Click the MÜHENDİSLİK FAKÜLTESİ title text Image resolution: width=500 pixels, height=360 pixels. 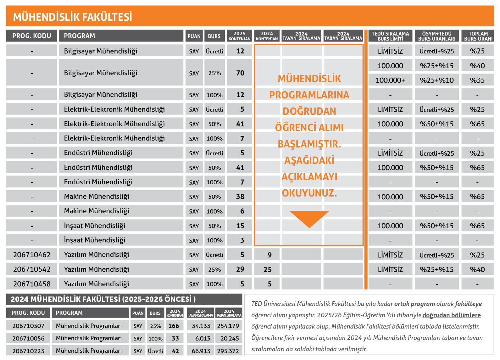point(72,17)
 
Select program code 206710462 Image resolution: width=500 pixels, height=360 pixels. point(32,255)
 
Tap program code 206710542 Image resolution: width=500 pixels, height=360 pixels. point(32,269)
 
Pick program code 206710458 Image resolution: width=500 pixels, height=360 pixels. point(32,284)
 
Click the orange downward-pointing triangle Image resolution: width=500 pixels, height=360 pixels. point(309,218)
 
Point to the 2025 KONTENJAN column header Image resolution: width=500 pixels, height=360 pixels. point(239,36)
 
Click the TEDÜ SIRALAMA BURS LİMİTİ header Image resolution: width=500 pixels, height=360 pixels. point(390,36)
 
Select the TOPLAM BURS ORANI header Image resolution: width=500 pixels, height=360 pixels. point(478,36)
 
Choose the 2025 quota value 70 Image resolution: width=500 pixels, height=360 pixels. point(240,73)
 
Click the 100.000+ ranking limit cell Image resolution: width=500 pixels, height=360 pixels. point(390,80)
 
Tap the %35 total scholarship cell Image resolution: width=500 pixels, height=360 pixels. point(477,80)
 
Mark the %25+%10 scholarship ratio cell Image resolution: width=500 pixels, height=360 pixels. point(436,80)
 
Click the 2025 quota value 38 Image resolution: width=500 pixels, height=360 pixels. point(240,197)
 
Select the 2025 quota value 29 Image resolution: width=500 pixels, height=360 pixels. point(240,269)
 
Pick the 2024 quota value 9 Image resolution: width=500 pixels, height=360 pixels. point(269,255)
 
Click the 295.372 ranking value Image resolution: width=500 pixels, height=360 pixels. point(228,351)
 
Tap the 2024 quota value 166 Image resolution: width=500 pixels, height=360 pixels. point(174,326)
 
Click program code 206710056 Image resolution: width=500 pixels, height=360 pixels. point(28,338)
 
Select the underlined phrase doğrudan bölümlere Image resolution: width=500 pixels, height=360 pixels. point(451,315)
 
